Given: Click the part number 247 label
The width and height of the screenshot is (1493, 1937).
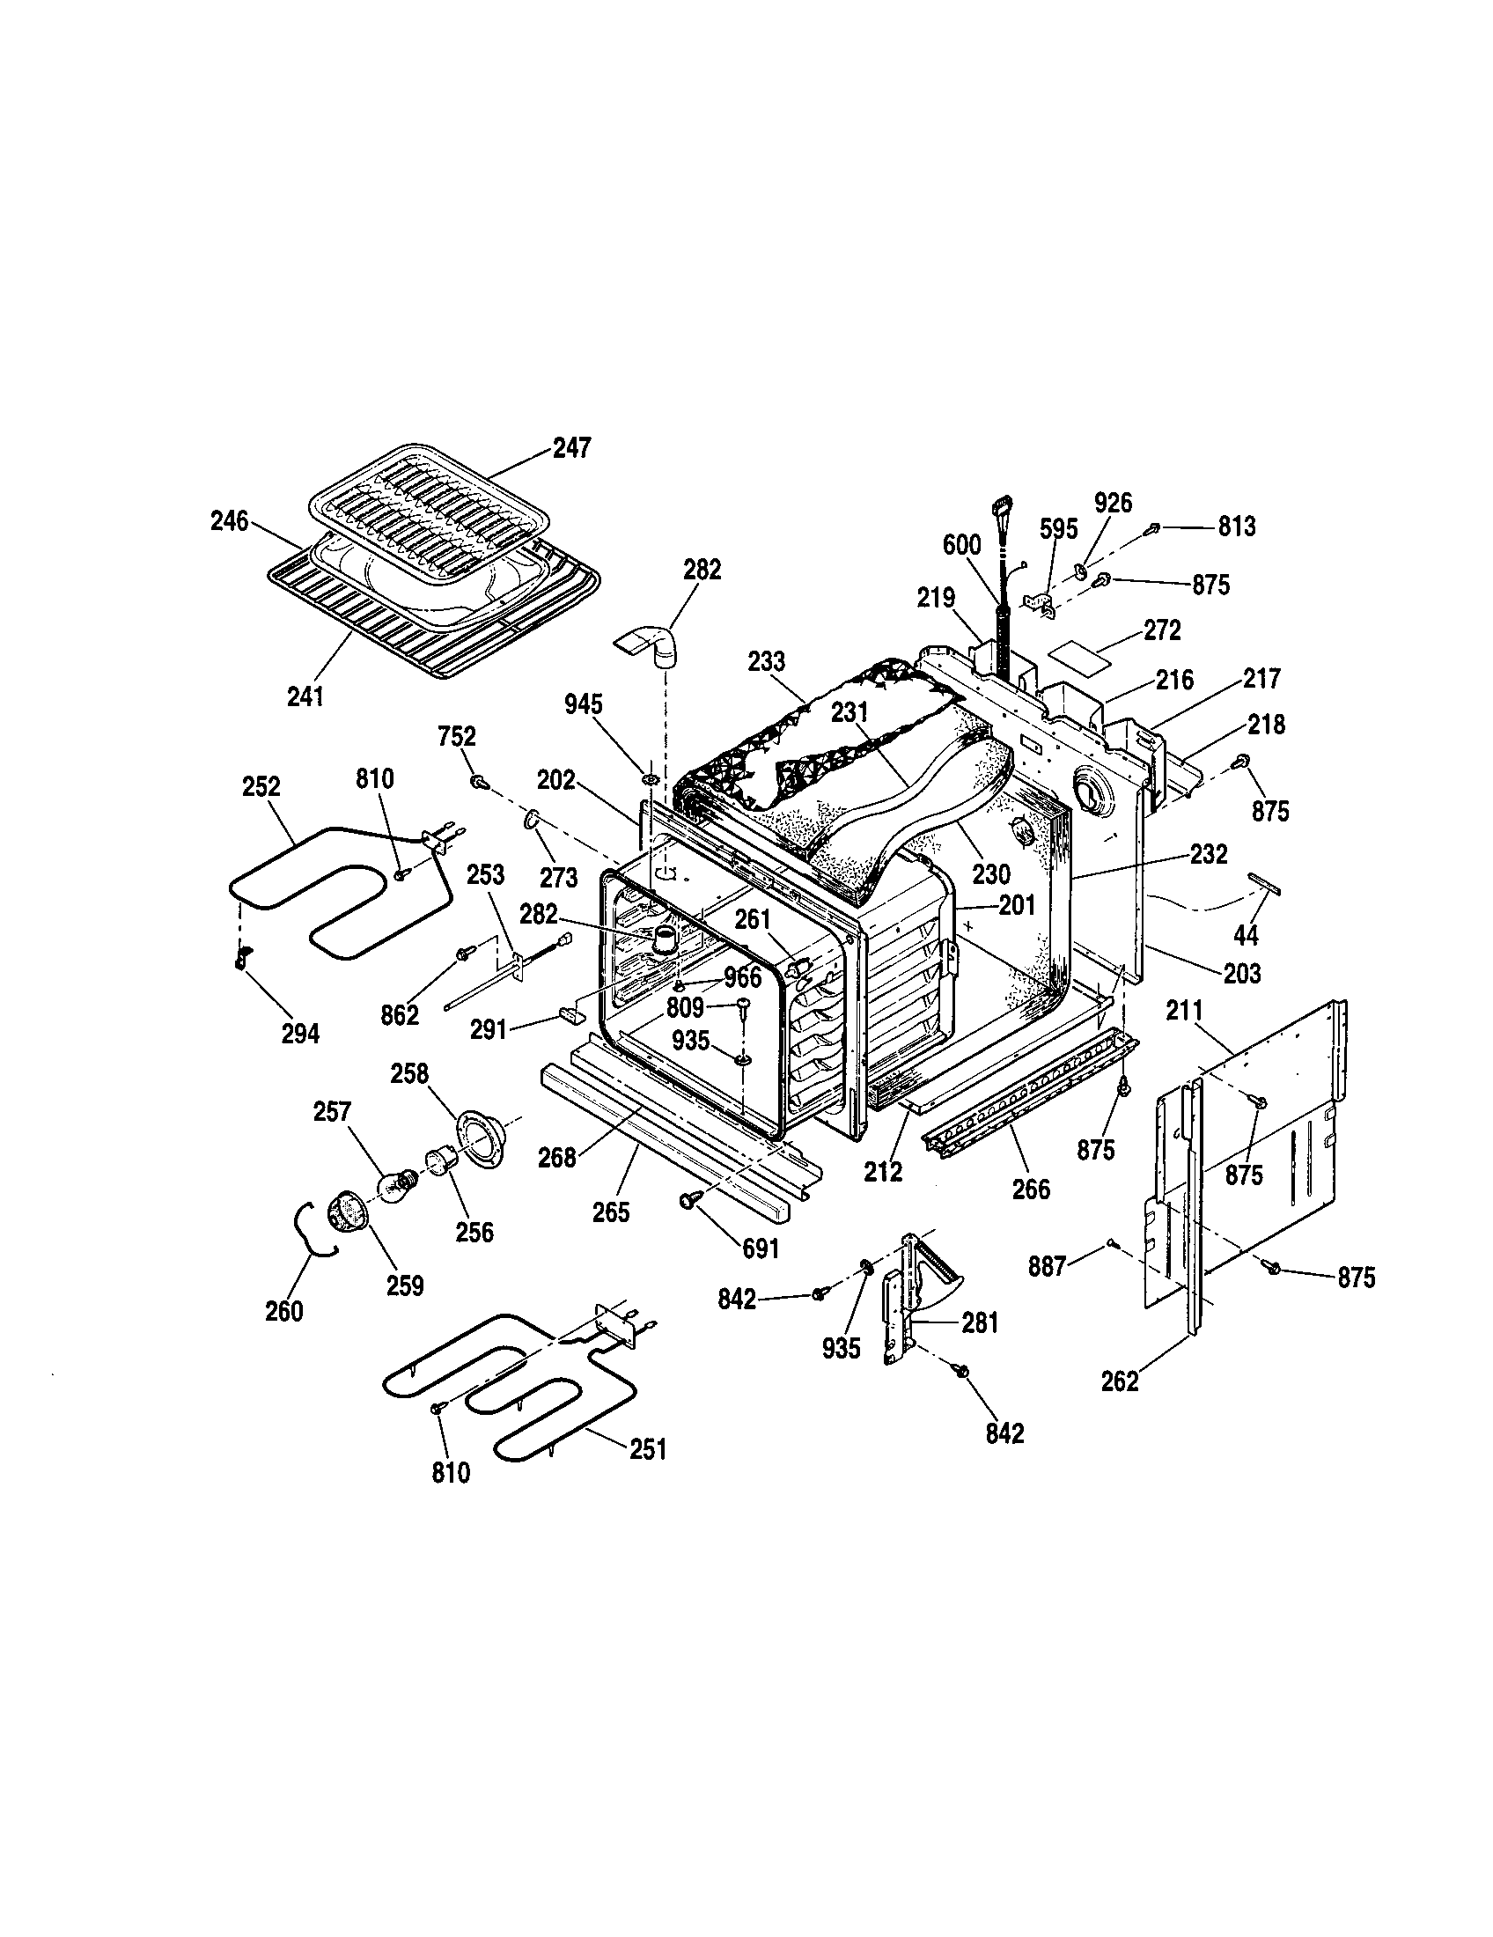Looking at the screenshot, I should click(x=571, y=447).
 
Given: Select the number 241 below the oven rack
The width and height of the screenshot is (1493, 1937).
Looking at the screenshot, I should click(x=305, y=696).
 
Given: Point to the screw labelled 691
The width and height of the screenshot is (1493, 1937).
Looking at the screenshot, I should click(x=688, y=1199).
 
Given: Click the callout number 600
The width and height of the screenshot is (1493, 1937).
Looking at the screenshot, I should click(x=962, y=544).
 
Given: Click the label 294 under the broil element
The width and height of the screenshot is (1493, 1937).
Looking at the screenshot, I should click(x=299, y=1034).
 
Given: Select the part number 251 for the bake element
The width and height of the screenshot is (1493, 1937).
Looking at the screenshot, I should click(x=647, y=1449).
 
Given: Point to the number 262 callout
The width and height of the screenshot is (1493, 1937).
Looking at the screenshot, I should click(x=1120, y=1381).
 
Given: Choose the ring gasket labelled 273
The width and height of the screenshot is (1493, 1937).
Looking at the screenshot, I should click(x=533, y=821).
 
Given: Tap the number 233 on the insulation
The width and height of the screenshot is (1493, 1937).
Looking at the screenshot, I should click(x=766, y=661).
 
